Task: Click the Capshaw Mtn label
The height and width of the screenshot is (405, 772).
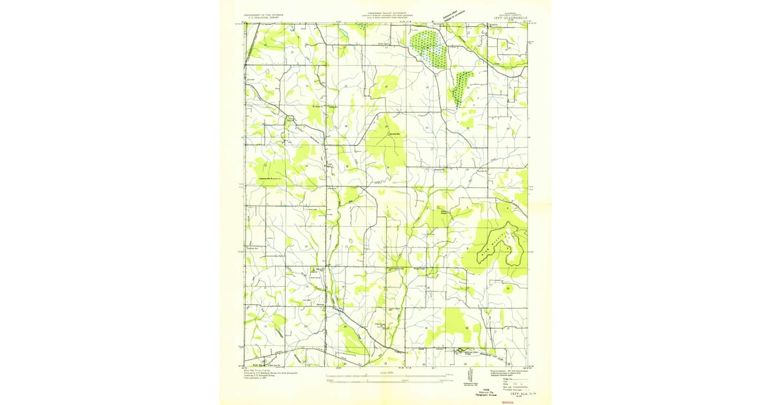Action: pyautogui.click(x=268, y=179)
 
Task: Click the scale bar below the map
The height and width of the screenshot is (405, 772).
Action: pyautogui.click(x=386, y=375)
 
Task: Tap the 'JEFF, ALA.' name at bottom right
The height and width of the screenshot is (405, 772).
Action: pyautogui.click(x=502, y=392)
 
